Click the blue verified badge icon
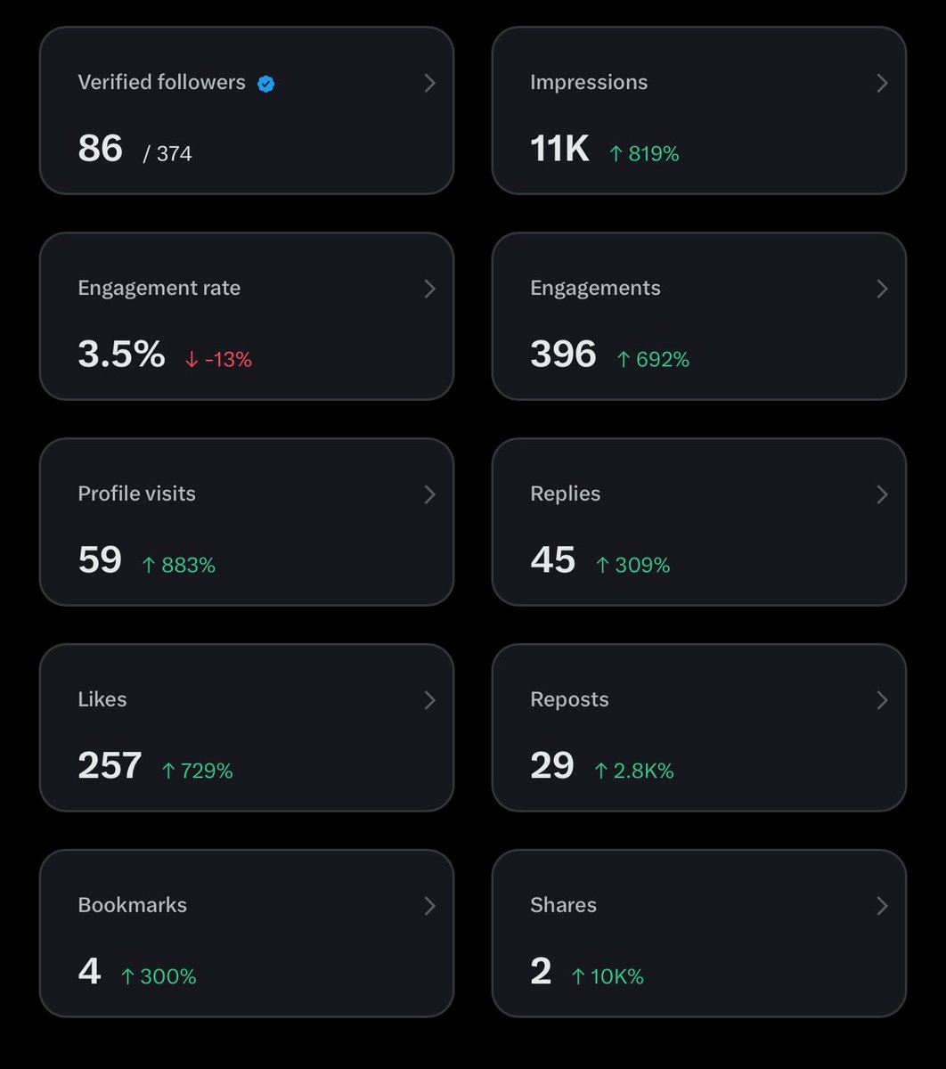(x=266, y=84)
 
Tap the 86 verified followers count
(x=101, y=148)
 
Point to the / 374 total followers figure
(x=167, y=154)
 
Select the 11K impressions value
(x=559, y=148)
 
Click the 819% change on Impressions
(x=644, y=154)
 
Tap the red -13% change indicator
(x=218, y=360)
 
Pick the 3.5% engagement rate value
(x=121, y=354)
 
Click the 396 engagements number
(x=564, y=354)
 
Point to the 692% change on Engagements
(x=653, y=360)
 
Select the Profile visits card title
(x=136, y=494)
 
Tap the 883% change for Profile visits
(x=179, y=566)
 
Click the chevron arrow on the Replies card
(x=882, y=494)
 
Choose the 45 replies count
(x=552, y=559)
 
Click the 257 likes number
(x=110, y=765)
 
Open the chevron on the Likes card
(x=429, y=700)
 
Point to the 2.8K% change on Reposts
(x=634, y=771)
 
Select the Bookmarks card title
(x=133, y=905)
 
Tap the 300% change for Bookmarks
(x=159, y=977)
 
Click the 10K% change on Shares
(x=608, y=977)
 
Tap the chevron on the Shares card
(x=882, y=906)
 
